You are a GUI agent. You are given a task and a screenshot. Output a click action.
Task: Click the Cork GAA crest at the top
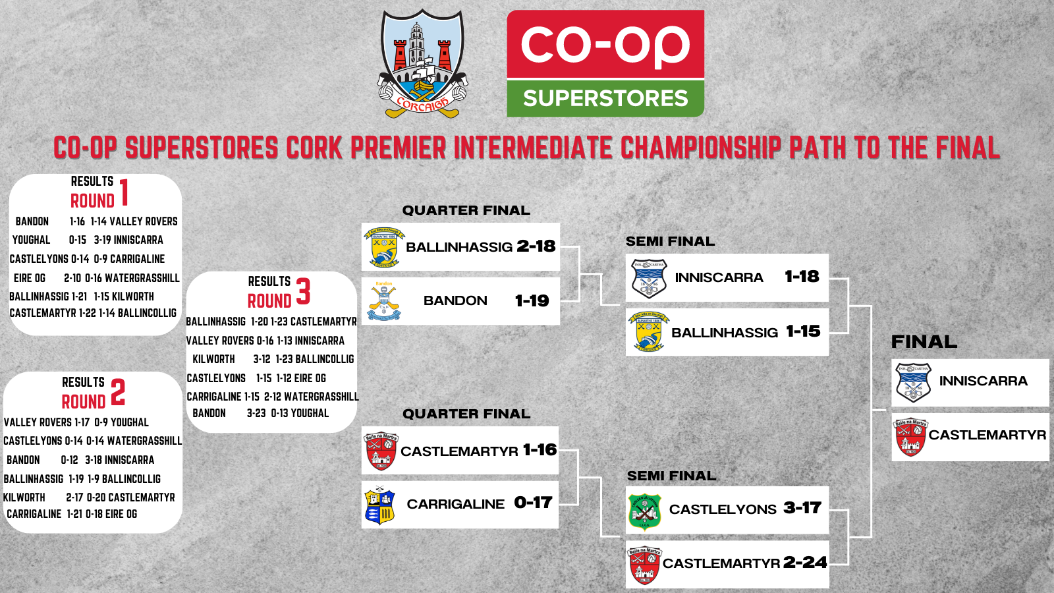coord(422,63)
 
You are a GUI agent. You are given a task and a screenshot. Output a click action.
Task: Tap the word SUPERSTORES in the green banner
coord(605,99)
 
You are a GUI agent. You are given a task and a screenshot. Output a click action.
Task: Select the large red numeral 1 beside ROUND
coord(124,192)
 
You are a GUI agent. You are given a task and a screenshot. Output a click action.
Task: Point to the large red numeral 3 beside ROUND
coord(303,291)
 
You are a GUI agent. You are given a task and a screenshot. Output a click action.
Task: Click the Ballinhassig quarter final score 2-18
coord(536,246)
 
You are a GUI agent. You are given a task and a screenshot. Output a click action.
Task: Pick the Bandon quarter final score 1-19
coord(532,301)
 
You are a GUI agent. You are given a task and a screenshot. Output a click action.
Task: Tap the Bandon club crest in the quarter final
coord(384,301)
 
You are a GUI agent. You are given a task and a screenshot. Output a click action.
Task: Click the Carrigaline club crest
coord(379,505)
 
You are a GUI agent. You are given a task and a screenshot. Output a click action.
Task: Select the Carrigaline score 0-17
coord(533,503)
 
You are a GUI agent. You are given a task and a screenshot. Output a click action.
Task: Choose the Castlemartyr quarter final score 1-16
coord(540,450)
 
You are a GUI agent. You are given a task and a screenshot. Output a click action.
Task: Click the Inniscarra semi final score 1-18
coord(802,277)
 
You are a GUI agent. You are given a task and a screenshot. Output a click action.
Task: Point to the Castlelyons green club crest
coord(644,511)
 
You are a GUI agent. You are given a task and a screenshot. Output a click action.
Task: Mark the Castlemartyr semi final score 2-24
coord(805,563)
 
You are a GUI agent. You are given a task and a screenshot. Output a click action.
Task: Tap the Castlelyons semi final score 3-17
coord(802,508)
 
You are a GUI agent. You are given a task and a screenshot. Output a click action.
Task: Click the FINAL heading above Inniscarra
coord(924,342)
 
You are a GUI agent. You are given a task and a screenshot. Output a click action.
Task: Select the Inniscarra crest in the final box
coord(913,382)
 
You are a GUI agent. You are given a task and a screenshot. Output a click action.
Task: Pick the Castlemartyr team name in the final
coord(987,436)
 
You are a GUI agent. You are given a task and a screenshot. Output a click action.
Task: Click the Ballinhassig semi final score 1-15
coord(803,331)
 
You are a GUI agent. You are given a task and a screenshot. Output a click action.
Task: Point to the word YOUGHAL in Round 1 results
coord(31,240)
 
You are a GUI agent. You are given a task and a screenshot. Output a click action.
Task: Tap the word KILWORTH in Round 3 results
coord(213,359)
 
